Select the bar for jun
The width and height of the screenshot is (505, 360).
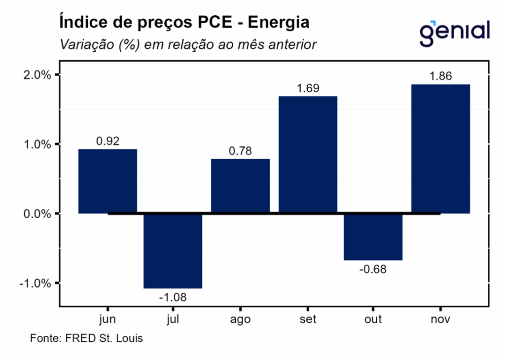click(x=108, y=181)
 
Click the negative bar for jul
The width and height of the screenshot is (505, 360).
click(x=173, y=251)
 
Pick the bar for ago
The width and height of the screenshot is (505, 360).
click(x=240, y=186)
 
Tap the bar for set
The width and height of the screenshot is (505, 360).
click(x=308, y=154)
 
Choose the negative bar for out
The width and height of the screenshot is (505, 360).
click(x=373, y=237)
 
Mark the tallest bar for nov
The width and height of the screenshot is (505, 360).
click(x=440, y=149)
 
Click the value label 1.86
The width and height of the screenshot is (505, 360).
click(x=440, y=76)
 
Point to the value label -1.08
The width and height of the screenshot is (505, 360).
click(x=173, y=297)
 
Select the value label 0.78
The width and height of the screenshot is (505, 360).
click(x=240, y=151)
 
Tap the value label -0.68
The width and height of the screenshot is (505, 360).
click(x=373, y=269)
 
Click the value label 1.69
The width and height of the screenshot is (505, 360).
click(x=308, y=88)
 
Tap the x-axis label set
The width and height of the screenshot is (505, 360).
click(x=308, y=320)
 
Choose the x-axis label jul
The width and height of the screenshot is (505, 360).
click(x=173, y=320)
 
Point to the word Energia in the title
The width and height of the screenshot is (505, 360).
click(x=279, y=22)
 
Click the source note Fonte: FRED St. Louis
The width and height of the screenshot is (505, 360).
click(x=86, y=339)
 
